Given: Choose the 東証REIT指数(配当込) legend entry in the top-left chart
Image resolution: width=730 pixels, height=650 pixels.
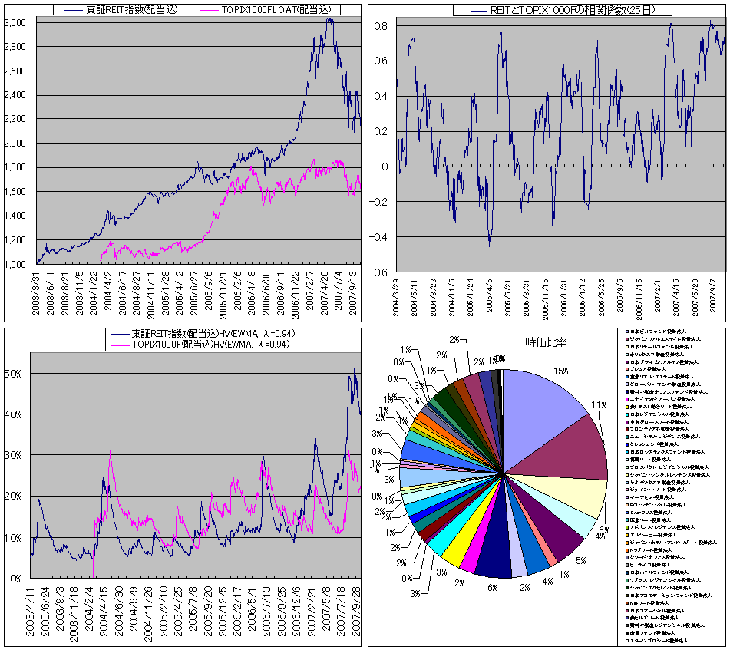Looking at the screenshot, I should pos(121,10).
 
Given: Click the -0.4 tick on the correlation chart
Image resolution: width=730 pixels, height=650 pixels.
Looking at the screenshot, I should pos(378,237).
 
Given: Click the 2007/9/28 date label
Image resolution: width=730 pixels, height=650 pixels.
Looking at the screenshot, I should pos(355,610).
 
